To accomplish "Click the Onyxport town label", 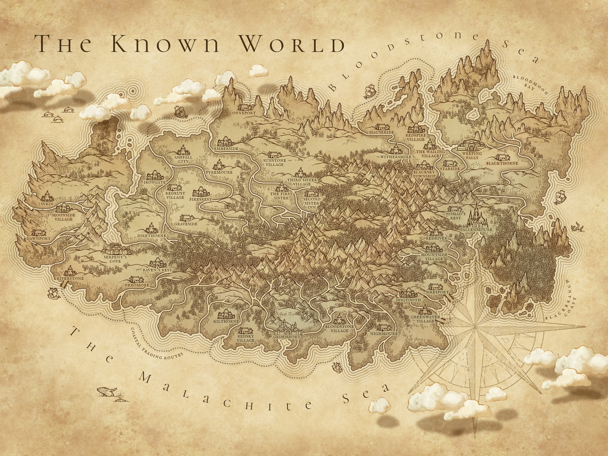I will pyautogui.click(x=244, y=113).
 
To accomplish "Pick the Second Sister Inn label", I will pyautogui.click(x=312, y=203).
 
